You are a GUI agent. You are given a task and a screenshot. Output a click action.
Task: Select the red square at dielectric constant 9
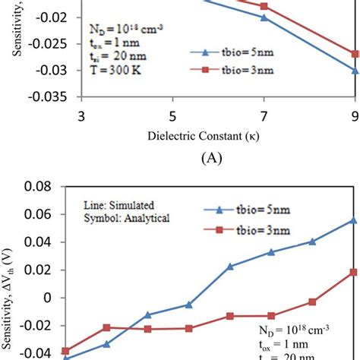point(355,54)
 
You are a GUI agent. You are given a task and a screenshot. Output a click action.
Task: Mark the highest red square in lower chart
point(353,272)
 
